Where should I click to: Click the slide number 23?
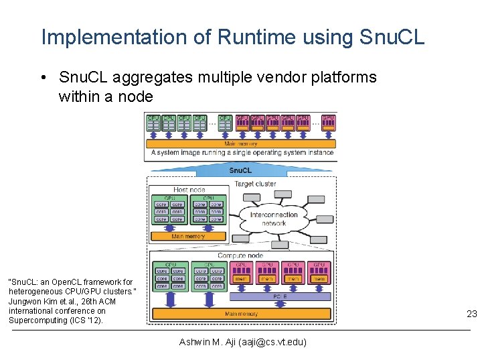pyautogui.click(x=471, y=314)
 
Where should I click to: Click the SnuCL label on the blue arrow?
pyautogui.click(x=240, y=170)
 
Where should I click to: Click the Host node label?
pyautogui.click(x=189, y=190)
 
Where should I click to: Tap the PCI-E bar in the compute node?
pyautogui.click(x=280, y=296)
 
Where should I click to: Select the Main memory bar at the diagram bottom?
pyautogui.click(x=241, y=313)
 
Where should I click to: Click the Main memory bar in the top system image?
pyautogui.click(x=240, y=143)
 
